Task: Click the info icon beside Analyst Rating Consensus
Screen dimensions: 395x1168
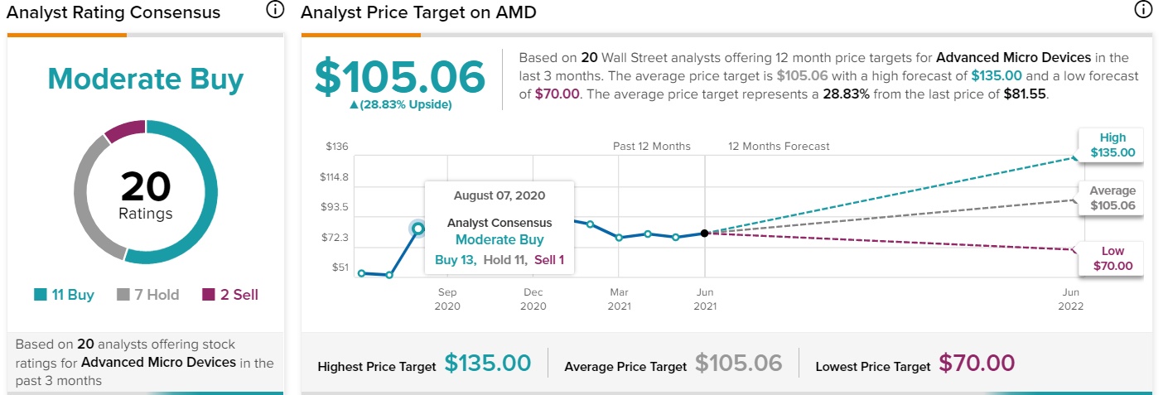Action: (274, 10)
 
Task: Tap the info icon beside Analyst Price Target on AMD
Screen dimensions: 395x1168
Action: (1142, 10)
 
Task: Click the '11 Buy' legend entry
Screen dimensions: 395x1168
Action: (64, 295)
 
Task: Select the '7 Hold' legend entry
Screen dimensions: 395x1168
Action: (148, 295)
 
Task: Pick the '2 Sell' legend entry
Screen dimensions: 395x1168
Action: (230, 295)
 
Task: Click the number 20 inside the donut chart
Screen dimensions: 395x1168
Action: (146, 187)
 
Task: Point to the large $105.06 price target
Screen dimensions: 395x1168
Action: (399, 78)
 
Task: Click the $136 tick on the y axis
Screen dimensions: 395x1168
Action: (336, 147)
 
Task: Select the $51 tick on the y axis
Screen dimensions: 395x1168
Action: (340, 267)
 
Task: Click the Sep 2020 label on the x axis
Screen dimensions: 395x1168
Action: (447, 299)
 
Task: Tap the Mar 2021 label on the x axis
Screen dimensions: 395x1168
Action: (619, 299)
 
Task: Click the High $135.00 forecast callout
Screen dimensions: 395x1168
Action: (1112, 146)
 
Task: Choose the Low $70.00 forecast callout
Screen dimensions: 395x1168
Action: (1112, 259)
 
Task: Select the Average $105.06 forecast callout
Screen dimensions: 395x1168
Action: (1112, 199)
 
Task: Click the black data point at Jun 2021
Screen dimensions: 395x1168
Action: (704, 234)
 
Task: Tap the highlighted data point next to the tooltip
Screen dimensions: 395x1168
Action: (418, 229)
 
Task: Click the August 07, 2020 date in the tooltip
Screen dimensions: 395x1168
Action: (500, 196)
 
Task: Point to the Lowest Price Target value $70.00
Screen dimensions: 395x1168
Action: (977, 364)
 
